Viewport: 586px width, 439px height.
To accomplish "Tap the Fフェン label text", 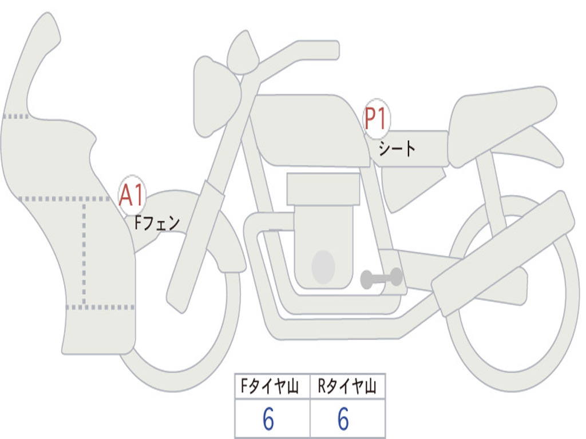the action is tap(157, 222).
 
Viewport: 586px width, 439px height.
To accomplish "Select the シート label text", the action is tap(397, 150).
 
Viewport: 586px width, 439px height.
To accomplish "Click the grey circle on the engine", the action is tap(323, 267).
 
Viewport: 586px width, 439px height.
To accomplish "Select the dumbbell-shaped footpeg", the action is tap(381, 278).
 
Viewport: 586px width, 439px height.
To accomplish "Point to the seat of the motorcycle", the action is tap(501, 117).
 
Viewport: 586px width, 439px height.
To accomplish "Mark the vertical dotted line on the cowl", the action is tap(84, 252).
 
